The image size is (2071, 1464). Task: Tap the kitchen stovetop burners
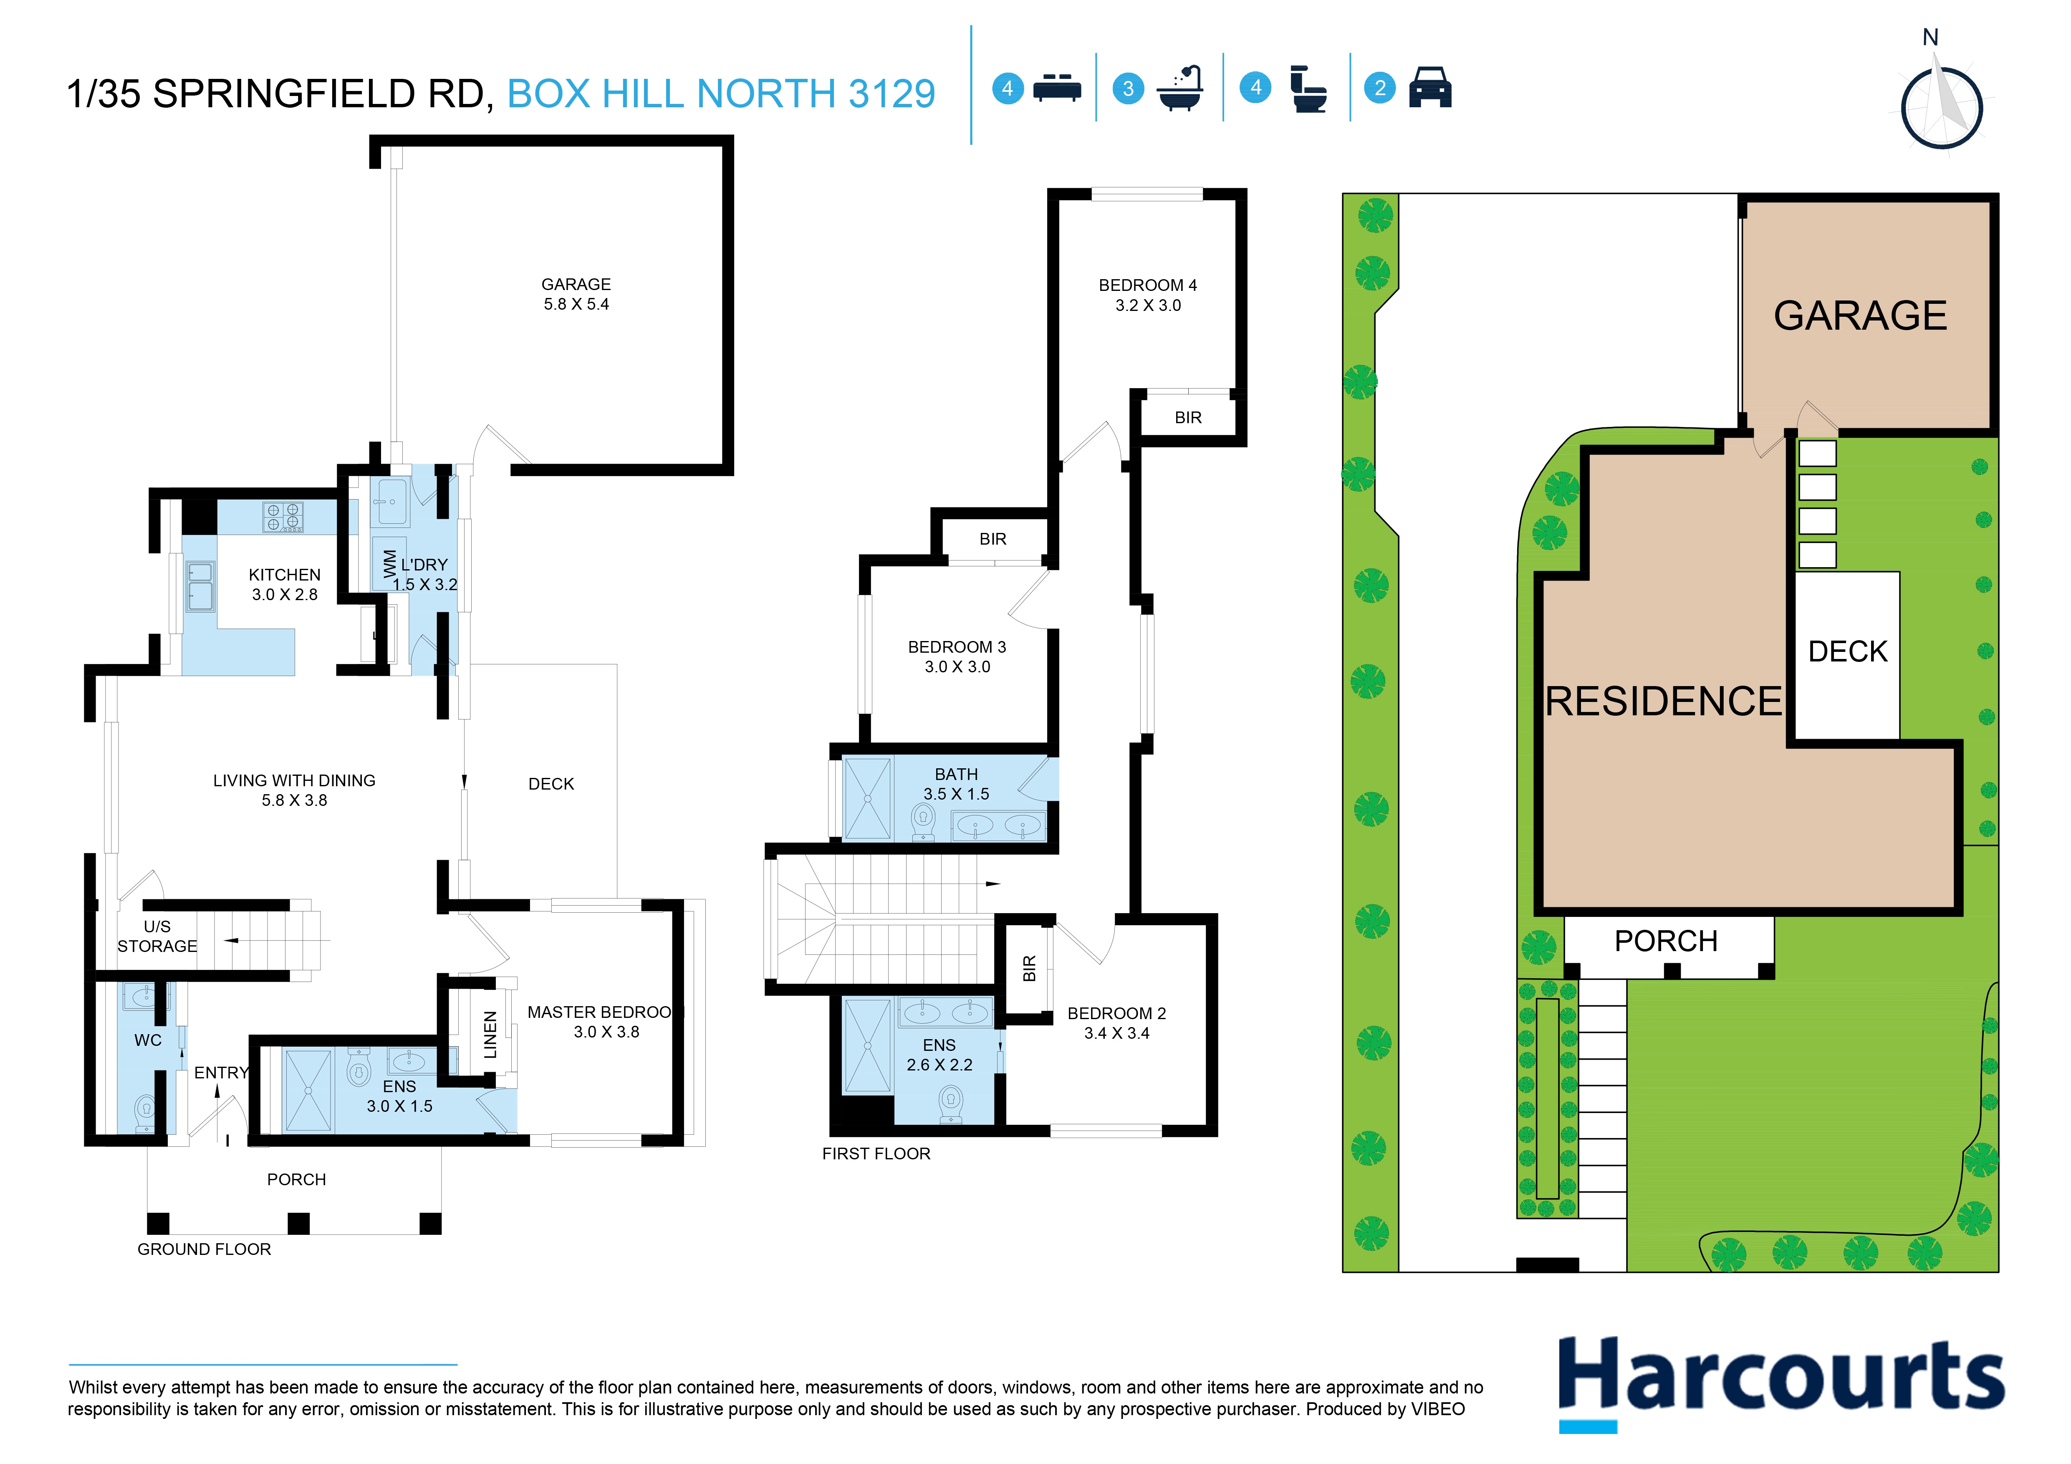click(282, 517)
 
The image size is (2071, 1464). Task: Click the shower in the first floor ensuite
click(867, 1045)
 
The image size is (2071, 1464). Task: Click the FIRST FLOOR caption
click(876, 1154)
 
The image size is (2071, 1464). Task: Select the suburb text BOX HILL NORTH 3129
click(721, 94)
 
